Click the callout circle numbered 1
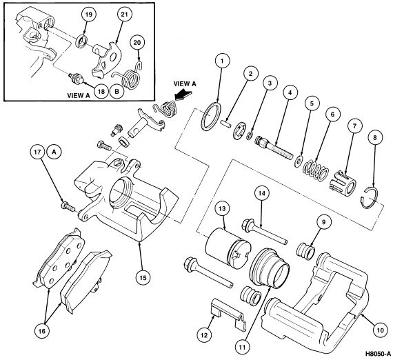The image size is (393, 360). tap(221, 61)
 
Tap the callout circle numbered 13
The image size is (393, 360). tap(222, 208)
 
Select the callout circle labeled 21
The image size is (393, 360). tap(124, 14)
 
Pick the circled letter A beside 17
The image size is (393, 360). tap(53, 152)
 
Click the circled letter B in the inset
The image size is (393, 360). tap(117, 92)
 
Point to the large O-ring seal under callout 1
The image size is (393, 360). tap(211, 117)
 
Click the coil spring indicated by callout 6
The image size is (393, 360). tap(316, 170)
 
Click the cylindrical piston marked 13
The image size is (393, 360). tap(225, 248)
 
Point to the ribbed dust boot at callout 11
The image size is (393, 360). tap(270, 268)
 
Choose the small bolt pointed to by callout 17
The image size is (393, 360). tap(68, 206)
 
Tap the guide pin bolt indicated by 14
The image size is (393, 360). tap(265, 232)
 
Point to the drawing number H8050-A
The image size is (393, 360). tap(378, 354)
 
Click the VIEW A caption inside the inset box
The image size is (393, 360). tap(79, 95)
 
